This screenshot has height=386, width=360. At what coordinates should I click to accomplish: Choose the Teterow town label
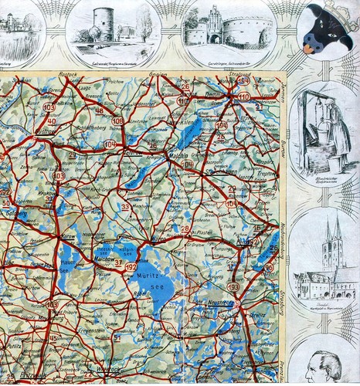tap(127, 151)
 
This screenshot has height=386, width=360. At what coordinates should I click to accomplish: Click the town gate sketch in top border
tap(224, 27)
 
